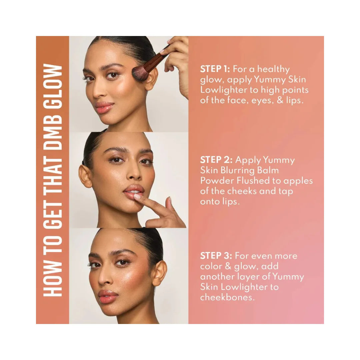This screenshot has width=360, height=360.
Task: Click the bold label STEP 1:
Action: point(215,69)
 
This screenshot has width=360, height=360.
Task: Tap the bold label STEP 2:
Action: point(216,160)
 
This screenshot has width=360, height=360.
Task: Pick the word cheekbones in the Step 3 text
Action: point(227,297)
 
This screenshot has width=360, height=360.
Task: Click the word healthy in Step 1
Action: point(273,69)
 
